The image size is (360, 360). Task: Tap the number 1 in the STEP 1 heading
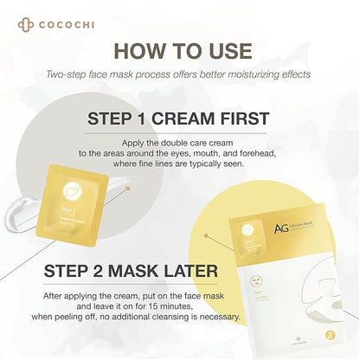pos(161,119)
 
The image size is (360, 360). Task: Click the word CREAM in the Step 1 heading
pos(208,119)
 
